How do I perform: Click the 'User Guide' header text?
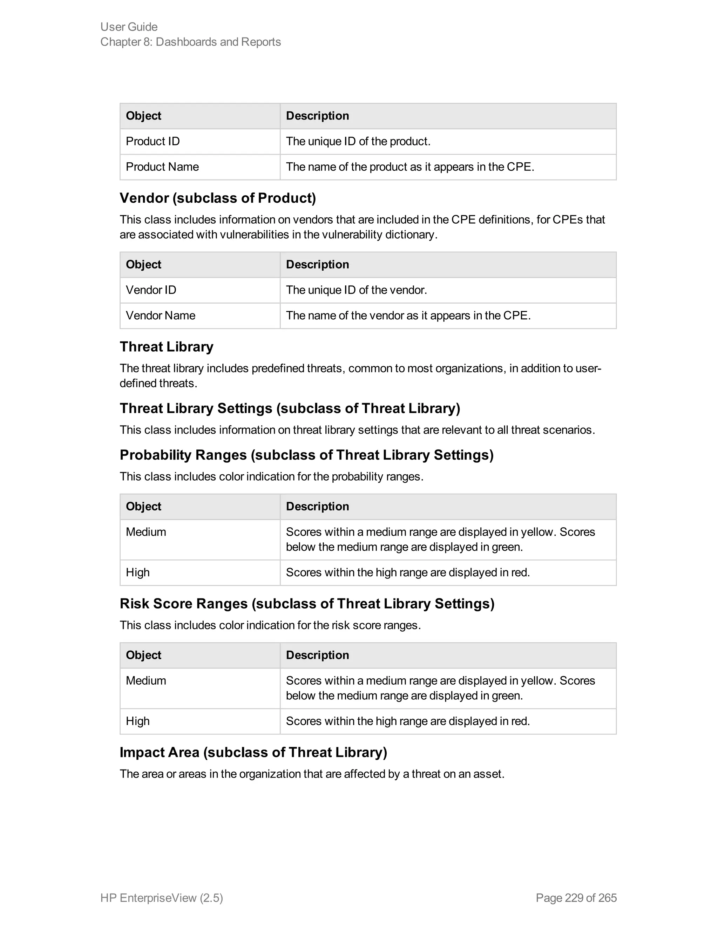(129, 27)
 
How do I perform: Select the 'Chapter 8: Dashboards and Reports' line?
(191, 42)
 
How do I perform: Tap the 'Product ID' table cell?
(153, 141)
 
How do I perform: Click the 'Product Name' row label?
(162, 167)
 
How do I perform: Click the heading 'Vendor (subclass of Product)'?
(218, 198)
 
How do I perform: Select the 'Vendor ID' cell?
(151, 290)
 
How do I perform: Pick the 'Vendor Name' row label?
(160, 316)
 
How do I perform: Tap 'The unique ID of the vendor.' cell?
(356, 290)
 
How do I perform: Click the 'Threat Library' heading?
(166, 347)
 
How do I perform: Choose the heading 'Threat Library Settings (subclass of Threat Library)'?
(290, 408)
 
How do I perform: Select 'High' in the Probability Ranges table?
(138, 572)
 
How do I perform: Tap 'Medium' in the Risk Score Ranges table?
(146, 680)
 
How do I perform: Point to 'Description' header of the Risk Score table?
(317, 655)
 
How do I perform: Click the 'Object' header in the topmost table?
(143, 116)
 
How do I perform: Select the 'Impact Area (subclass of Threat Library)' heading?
(253, 752)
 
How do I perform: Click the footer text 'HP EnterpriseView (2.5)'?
(162, 898)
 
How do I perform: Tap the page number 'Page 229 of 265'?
(576, 898)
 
